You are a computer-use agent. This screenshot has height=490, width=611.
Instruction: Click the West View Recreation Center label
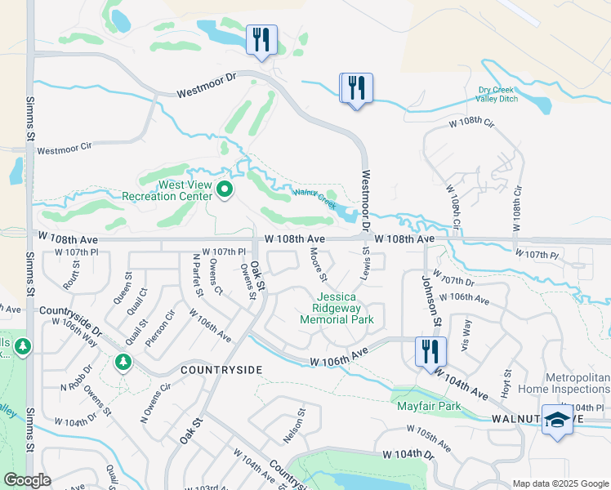(x=167, y=190)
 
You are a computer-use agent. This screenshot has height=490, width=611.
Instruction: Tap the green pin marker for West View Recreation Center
(x=225, y=192)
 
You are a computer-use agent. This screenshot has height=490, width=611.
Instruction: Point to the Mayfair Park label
(x=428, y=406)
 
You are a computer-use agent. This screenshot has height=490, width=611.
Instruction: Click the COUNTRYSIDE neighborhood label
(x=221, y=370)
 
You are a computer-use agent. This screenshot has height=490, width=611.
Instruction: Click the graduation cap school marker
(x=557, y=421)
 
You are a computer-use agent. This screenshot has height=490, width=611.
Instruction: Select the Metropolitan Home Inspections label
(x=564, y=383)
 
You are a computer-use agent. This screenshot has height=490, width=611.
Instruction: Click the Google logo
(x=28, y=479)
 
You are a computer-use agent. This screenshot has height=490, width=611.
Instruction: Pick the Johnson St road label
(x=432, y=299)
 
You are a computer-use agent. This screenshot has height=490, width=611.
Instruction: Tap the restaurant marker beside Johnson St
(x=427, y=352)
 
